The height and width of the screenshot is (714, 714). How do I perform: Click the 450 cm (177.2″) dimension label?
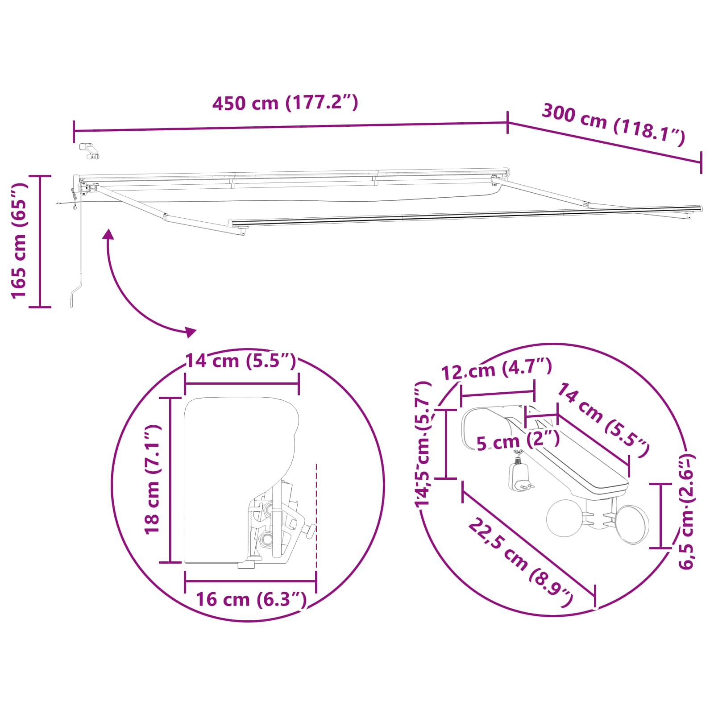click(285, 103)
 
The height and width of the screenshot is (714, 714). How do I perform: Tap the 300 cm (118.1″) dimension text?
click(613, 125)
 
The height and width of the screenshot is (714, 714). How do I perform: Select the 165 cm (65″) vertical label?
click(19, 241)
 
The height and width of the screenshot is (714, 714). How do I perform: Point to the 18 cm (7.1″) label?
click(152, 479)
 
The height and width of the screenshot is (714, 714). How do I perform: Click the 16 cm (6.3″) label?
click(251, 599)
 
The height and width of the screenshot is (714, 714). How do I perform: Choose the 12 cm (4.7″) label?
click(496, 369)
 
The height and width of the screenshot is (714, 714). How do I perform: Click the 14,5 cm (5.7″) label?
click(423, 444)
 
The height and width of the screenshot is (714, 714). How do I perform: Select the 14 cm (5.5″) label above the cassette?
click(241, 361)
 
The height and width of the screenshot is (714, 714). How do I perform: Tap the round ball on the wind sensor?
click(565, 518)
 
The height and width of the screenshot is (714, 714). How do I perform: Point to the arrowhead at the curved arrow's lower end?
click(191, 331)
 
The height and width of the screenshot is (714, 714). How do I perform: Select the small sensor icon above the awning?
click(90, 150)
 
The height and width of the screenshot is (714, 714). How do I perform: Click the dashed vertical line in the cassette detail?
click(316, 513)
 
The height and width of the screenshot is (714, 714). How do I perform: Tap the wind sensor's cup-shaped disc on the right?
click(633, 525)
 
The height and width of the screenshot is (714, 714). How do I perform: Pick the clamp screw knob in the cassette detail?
click(311, 531)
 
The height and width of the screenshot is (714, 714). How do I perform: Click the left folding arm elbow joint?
click(166, 217)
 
